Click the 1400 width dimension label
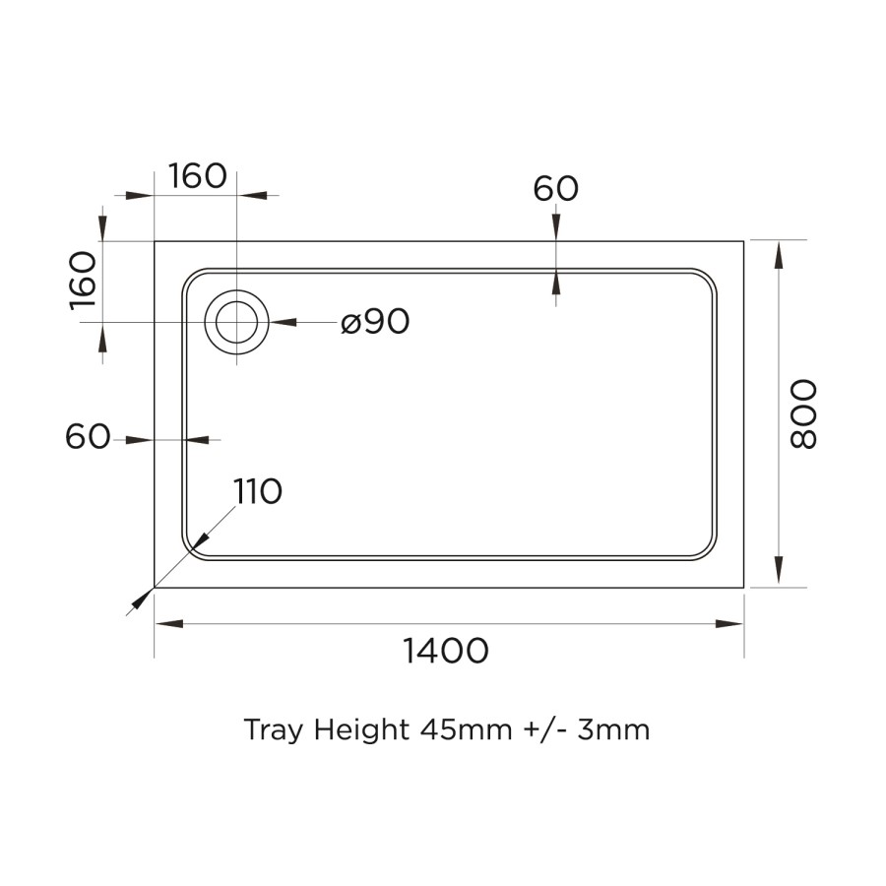click(446, 651)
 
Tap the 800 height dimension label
click(803, 413)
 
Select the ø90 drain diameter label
click(375, 322)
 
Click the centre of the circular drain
click(237, 322)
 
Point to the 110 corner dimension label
click(258, 490)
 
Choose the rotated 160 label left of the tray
click(84, 281)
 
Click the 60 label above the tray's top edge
click(556, 188)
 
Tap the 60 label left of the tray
click(88, 437)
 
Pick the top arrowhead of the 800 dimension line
click(779, 255)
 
